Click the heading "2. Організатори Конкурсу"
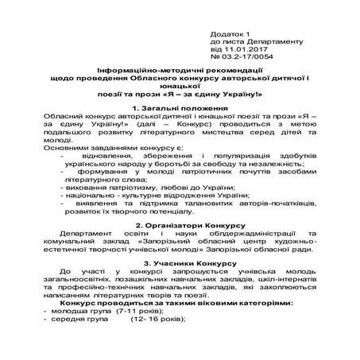point(180,225)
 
